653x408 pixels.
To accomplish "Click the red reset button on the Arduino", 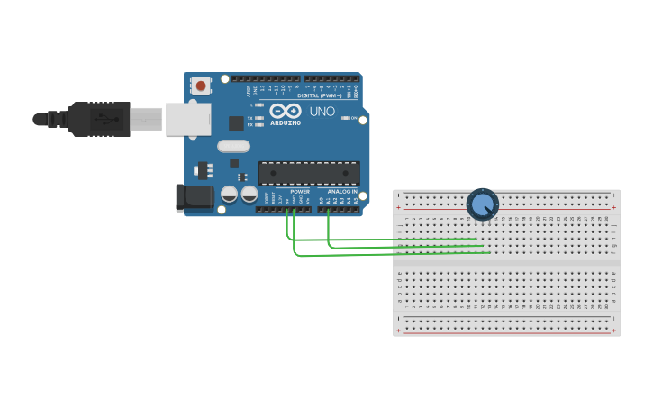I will coord(201,86).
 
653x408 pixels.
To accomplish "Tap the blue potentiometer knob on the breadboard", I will coord(483,204).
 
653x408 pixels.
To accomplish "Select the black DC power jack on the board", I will coord(192,197).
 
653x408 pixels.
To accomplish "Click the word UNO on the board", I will coord(322,112).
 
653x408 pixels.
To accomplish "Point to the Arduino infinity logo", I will coord(286,111).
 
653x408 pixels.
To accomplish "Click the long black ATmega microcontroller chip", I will coord(309,173).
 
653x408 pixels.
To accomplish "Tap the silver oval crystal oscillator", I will coord(233,146).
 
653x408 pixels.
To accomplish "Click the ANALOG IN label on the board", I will coord(341,192).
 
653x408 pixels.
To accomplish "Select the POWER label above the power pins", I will coord(300,192).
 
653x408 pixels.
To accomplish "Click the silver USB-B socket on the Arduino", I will coord(188,119).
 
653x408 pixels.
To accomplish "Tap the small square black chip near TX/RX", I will coord(236,123).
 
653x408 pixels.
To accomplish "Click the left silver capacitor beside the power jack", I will coord(230,194).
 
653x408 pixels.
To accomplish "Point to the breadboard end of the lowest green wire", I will coord(490,253).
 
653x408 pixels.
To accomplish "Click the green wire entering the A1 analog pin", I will coord(328,213).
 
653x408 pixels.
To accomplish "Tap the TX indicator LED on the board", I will coord(259,118).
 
